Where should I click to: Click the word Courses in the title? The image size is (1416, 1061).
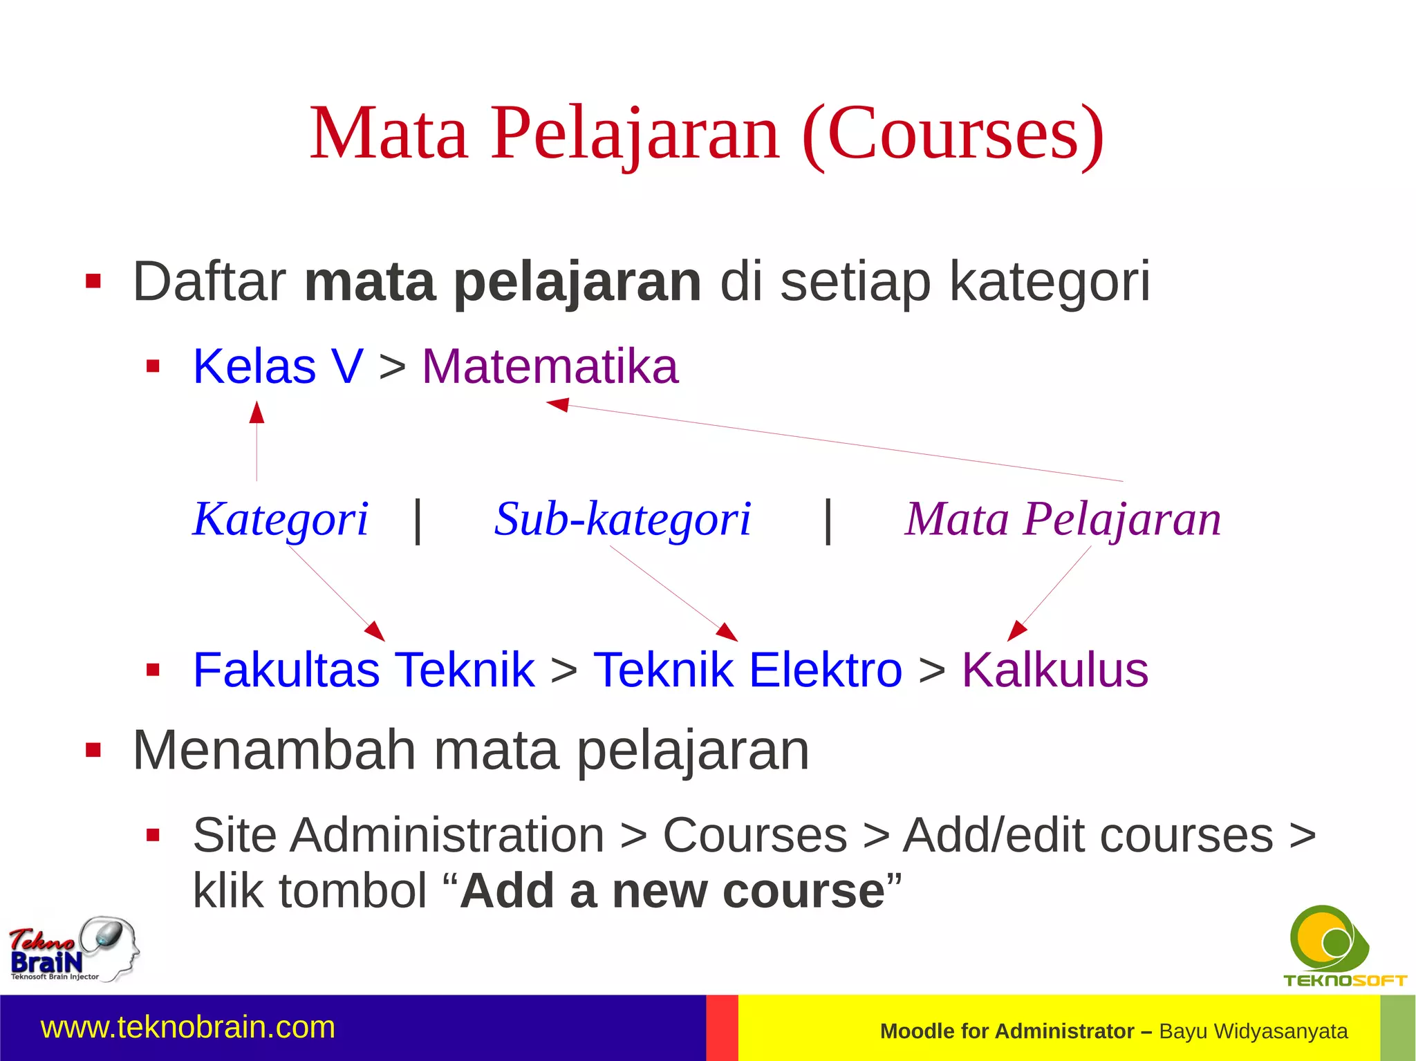[x=953, y=133]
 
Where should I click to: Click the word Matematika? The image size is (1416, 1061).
[x=550, y=366]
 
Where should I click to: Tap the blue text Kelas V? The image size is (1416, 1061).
[x=277, y=366]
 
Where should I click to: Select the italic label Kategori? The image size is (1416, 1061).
[x=280, y=519]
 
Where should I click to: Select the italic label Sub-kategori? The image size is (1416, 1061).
[x=622, y=519]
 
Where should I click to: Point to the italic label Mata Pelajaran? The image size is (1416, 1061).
[x=1063, y=519]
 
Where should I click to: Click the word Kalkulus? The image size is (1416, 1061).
[x=1054, y=670]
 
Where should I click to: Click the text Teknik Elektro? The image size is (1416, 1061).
[x=747, y=670]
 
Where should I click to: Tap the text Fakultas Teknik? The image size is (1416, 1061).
[x=364, y=670]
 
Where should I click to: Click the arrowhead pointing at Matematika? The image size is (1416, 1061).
[x=557, y=404]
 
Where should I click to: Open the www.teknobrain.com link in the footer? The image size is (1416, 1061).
[x=188, y=1027]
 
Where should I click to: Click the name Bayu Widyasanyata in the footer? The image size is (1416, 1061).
[x=1253, y=1031]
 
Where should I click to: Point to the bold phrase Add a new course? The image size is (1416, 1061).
[x=672, y=891]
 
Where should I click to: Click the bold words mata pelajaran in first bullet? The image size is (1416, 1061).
[x=503, y=282]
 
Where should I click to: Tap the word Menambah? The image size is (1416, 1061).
[x=274, y=751]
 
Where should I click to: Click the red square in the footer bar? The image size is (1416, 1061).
[x=722, y=1028]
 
